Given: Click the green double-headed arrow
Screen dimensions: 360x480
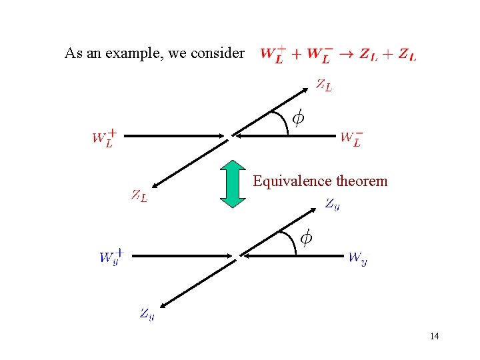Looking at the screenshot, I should point(233,183).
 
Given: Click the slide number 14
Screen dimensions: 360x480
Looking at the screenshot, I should point(434,336).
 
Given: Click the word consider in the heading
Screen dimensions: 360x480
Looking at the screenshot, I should point(217,53).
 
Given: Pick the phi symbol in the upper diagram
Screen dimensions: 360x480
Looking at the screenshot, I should point(298,119).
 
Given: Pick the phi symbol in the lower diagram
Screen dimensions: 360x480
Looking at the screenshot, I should point(305,237).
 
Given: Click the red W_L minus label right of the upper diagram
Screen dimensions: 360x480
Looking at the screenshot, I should point(351,139).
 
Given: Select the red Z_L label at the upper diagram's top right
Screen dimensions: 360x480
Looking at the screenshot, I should point(324,85).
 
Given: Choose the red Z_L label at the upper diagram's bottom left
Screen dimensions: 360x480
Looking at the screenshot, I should point(139,196).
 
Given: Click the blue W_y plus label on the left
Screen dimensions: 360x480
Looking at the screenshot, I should point(111,257).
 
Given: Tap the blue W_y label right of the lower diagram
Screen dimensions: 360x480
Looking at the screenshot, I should point(357,258).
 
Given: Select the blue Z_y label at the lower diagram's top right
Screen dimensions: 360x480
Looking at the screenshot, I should point(332,205).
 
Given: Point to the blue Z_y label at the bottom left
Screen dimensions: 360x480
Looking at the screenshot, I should point(147,313).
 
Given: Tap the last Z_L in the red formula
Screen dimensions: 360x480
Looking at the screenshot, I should point(407,55).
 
